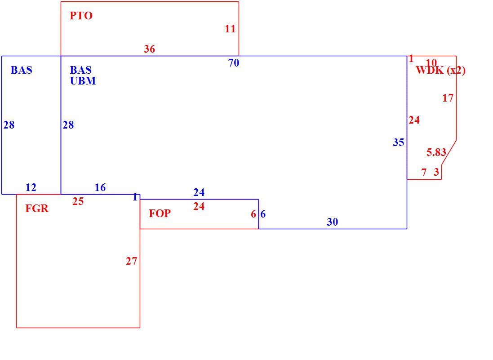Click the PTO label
point(81,16)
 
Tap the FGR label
point(37,209)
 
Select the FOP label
point(160,213)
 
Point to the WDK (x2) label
point(440,70)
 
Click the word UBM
point(83,81)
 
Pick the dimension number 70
point(234,63)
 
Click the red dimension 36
point(149,49)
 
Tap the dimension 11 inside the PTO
point(230,29)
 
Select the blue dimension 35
point(398,142)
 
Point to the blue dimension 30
point(332,222)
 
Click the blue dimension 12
point(31,188)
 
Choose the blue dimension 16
point(100,188)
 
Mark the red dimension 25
point(78,201)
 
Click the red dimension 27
point(131,261)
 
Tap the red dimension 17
point(448,98)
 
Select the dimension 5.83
point(436,152)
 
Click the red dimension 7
point(424,172)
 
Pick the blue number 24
point(199,192)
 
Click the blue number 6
point(263,214)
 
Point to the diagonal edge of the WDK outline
point(449,152)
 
